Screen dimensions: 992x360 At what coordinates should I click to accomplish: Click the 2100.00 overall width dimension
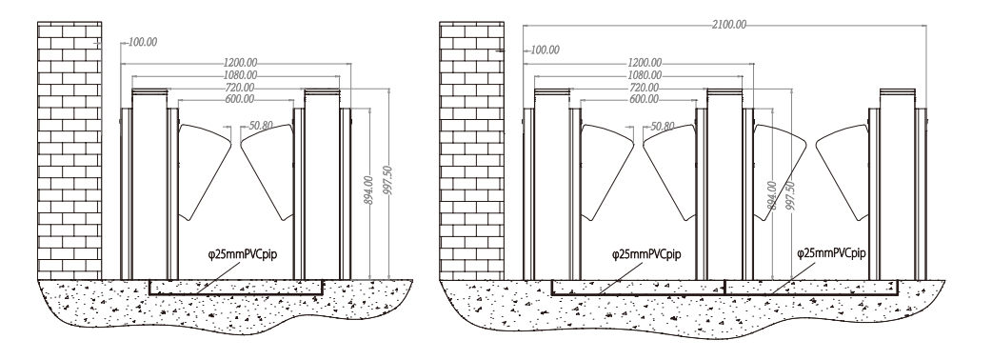pyautogui.click(x=729, y=25)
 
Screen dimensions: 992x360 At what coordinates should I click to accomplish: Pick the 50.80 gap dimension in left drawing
pyautogui.click(x=261, y=126)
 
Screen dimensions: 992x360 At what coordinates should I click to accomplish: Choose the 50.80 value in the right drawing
pyautogui.click(x=663, y=126)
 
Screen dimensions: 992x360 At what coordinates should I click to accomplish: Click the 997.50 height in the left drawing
pyautogui.click(x=387, y=181)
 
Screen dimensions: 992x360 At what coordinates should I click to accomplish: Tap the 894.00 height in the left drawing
pyautogui.click(x=368, y=190)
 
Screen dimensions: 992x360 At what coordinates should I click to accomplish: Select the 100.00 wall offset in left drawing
pyautogui.click(x=143, y=43)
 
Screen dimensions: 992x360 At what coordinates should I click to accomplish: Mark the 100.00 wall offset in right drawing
pyautogui.click(x=546, y=50)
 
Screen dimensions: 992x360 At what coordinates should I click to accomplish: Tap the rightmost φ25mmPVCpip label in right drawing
pyautogui.click(x=831, y=253)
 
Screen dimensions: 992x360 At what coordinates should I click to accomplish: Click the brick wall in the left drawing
pyautogui.click(x=69, y=150)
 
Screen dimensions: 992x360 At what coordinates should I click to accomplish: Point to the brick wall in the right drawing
pyautogui.click(x=472, y=150)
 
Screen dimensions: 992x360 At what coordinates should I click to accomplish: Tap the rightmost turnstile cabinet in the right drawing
pyautogui.click(x=897, y=184)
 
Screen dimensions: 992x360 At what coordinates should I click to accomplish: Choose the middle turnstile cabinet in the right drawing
pyautogui.click(x=724, y=184)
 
